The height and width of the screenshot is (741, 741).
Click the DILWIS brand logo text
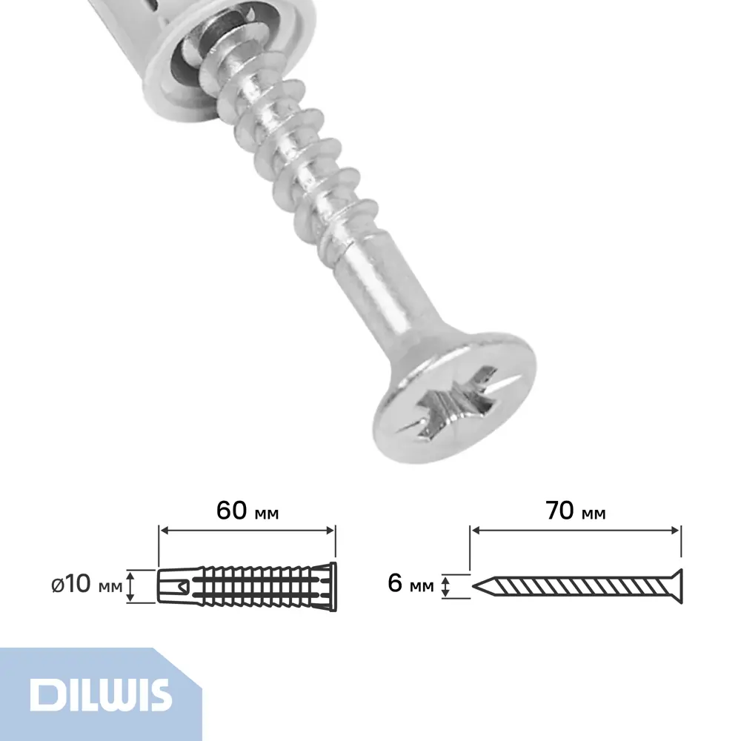(100, 694)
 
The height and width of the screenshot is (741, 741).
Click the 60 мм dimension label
(247, 511)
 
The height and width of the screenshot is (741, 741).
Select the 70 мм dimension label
(575, 511)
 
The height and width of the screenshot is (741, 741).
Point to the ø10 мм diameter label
(87, 585)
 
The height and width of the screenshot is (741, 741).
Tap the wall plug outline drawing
(247, 586)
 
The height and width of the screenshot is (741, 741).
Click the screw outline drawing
(577, 586)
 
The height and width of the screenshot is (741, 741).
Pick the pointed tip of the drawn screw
(473, 586)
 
